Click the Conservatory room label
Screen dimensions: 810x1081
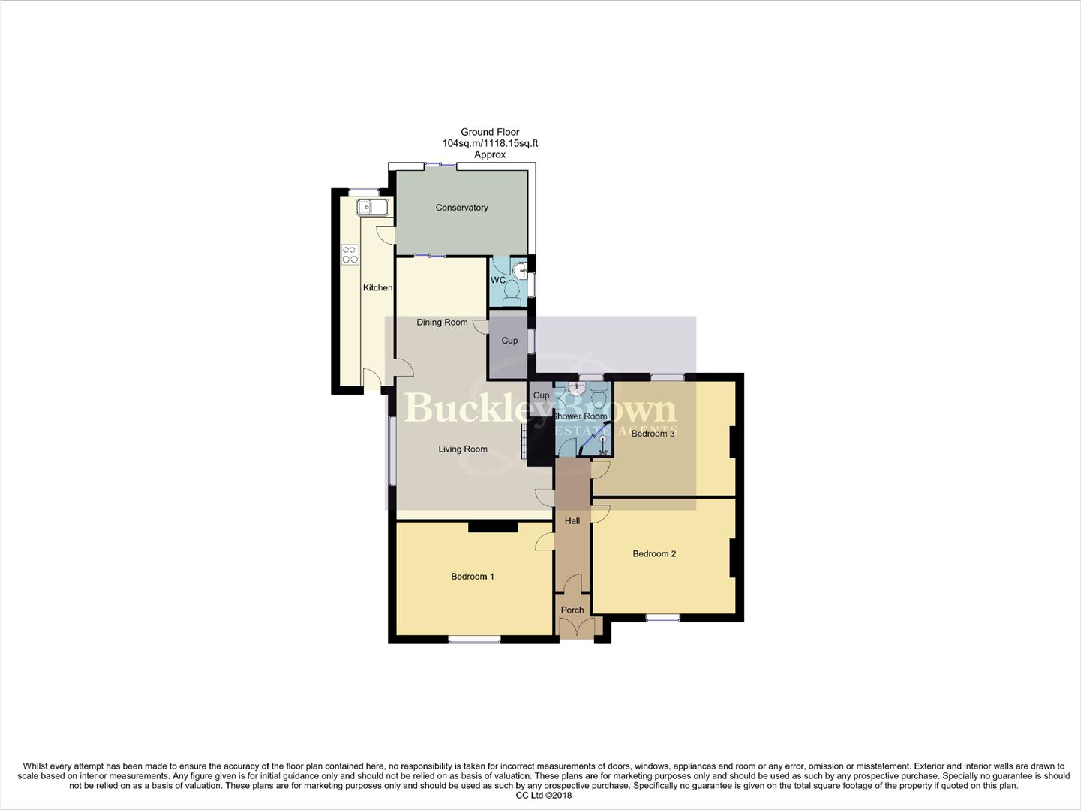(x=461, y=208)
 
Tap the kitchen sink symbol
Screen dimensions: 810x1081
(x=372, y=207)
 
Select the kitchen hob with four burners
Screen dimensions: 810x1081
(x=350, y=254)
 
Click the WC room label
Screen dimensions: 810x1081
(x=498, y=280)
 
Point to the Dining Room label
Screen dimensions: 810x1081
(x=442, y=322)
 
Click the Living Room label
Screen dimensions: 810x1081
(x=463, y=449)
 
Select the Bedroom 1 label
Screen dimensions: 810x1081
(x=472, y=577)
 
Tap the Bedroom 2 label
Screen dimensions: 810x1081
(x=654, y=554)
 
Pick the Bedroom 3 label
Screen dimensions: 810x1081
(x=653, y=433)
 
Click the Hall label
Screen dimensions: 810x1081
(x=572, y=521)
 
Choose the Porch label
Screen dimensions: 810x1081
(x=572, y=610)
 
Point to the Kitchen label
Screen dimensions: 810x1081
(x=377, y=288)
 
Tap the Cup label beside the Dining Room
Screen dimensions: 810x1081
(x=509, y=340)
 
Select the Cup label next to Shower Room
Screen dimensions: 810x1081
(x=541, y=395)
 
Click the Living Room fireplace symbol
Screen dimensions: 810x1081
(x=524, y=442)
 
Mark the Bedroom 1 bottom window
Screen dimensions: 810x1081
(x=474, y=640)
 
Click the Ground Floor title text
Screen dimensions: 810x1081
(x=490, y=132)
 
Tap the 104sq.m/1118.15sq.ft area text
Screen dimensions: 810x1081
(x=490, y=143)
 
